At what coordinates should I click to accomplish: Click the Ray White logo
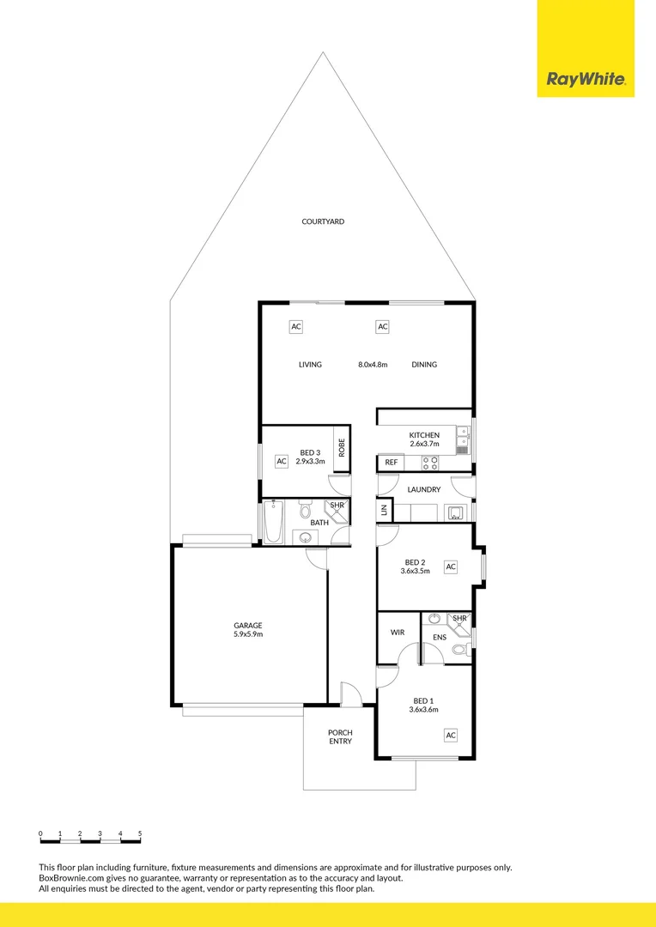coord(586,81)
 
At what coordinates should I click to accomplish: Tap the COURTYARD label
coord(323,221)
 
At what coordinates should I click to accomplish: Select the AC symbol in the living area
coord(296,327)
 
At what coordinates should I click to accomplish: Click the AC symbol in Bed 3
coord(281,462)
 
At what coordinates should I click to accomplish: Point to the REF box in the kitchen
coord(391,463)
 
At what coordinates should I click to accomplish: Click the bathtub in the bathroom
coord(273,522)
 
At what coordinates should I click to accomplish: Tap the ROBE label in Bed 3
coord(341,447)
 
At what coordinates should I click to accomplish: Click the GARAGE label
coord(248,626)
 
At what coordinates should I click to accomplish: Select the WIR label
coord(398,632)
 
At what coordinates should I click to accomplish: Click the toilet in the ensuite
coord(459,650)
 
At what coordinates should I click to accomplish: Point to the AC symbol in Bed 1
coord(450,736)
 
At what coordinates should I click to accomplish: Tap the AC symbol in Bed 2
coord(450,567)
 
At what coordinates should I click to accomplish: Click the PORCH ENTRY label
coord(340,737)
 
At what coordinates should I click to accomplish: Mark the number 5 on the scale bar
coord(140,833)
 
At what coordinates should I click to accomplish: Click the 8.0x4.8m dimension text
coord(373,365)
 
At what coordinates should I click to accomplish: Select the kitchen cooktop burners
coord(430,463)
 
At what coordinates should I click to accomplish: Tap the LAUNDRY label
coord(424,490)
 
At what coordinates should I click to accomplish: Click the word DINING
coord(424,365)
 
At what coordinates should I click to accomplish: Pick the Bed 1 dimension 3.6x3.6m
coord(423,710)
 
